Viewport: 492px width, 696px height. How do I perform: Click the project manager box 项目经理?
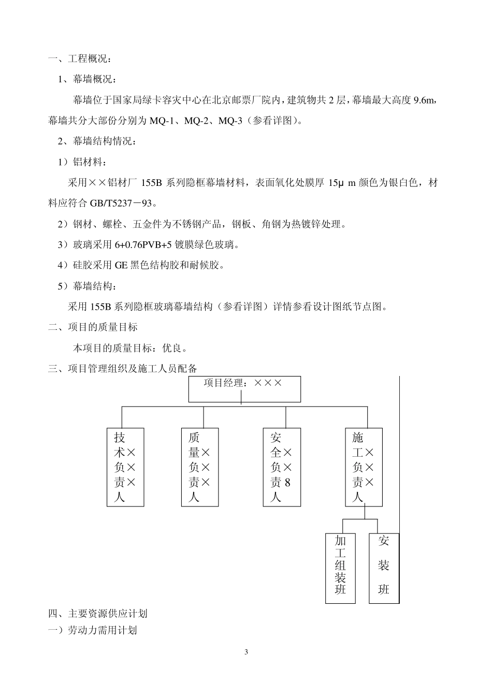coord(244,389)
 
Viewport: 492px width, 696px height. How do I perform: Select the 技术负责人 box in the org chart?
coord(125,467)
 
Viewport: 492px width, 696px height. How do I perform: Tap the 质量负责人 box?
coord(199,467)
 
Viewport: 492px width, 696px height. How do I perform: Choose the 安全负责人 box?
coord(281,467)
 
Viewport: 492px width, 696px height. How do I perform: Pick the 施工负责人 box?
coord(364,467)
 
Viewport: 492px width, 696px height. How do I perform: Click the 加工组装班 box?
coord(340,568)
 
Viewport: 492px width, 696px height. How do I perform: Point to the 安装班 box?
coord(383,568)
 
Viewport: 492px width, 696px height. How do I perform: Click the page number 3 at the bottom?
coord(246,652)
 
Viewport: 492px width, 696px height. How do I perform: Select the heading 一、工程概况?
coord(79,59)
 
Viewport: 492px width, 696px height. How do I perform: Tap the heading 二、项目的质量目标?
coord(93,327)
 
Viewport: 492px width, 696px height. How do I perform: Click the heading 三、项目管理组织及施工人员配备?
coord(122,369)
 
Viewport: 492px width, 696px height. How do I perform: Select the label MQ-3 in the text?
coord(230,121)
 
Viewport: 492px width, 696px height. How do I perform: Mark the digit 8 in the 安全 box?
coord(288,483)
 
